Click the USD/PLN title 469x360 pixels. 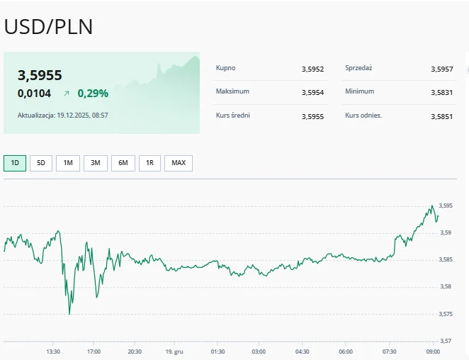coord(48,26)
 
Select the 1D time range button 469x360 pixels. coord(15,163)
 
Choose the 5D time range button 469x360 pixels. coord(40,163)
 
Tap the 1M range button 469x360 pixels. coord(67,163)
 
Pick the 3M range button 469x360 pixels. coord(95,163)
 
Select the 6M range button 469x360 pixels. coord(123,163)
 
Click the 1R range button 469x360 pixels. coord(149,163)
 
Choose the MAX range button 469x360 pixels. coord(179,163)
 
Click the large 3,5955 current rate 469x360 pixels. coord(40,75)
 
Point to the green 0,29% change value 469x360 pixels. coord(93,93)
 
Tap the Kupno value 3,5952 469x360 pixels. coord(312,69)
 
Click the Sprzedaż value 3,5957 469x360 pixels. coord(441,69)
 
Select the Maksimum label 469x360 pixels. coord(232,91)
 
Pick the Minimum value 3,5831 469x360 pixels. coord(441,92)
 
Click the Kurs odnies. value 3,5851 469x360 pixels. coord(441,116)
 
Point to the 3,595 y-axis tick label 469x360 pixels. coord(446,206)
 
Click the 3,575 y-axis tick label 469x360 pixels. coord(446,314)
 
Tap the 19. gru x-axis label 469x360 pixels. coord(174,351)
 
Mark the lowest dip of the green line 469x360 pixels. coord(69,313)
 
